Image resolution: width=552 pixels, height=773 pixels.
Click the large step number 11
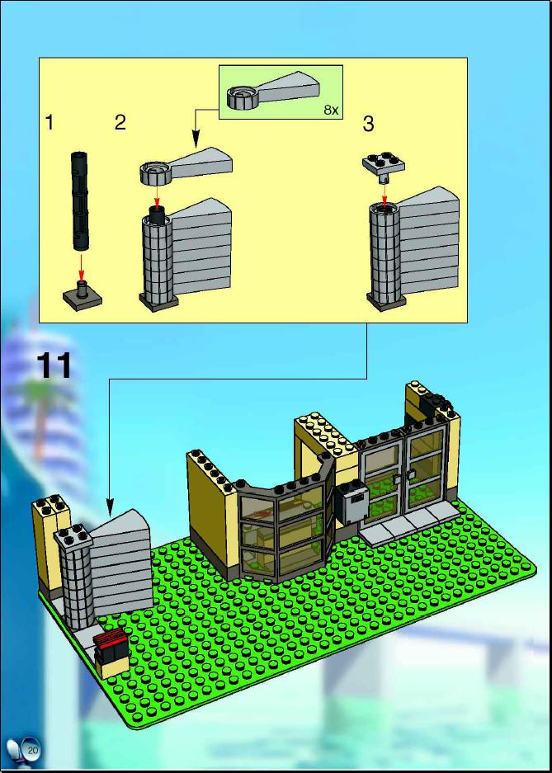pos(54,365)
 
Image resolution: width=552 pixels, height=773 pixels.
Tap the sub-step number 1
pos(49,122)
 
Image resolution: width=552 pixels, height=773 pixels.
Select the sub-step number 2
pos(120,122)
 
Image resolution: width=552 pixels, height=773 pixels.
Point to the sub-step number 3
pos(368,124)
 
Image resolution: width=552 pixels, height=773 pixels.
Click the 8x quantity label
pos(331,110)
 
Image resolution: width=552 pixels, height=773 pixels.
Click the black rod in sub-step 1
pos(78,201)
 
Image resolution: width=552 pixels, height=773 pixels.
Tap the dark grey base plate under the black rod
pos(83,296)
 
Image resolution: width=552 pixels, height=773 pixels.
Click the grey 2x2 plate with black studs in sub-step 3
pos(384,163)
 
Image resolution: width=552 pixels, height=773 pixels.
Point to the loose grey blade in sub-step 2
pos(186,165)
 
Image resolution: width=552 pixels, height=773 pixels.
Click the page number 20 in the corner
pos(33,751)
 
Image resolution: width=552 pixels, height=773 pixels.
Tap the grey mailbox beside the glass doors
pos(351,504)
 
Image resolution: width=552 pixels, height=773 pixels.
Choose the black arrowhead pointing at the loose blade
pos(196,139)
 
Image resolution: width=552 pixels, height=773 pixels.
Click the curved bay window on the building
pos(283,526)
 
